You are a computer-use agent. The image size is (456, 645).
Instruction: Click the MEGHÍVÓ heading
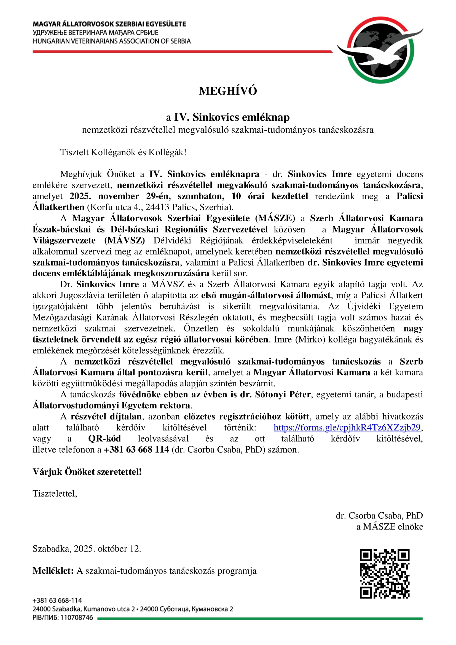click(x=228, y=91)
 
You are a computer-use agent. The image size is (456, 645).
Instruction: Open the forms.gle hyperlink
click(x=347, y=427)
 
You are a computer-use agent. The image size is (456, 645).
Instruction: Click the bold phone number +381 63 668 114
click(x=136, y=449)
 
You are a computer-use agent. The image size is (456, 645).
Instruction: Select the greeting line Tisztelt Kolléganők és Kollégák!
click(x=123, y=152)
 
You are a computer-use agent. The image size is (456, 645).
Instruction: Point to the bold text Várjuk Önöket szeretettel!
click(x=87, y=472)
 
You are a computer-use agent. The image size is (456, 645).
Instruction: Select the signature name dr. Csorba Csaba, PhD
click(x=379, y=515)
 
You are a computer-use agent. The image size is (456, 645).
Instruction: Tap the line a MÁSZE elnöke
click(x=390, y=526)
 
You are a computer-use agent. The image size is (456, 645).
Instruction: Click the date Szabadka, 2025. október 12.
click(x=87, y=549)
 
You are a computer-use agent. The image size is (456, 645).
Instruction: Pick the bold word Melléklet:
click(x=53, y=571)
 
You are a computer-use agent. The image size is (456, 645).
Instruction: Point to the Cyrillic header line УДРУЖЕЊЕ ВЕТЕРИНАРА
click(x=95, y=33)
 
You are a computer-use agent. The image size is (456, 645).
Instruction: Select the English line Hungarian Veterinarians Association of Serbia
click(x=111, y=41)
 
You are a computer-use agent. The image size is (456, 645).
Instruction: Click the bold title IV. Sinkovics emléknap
click(x=232, y=117)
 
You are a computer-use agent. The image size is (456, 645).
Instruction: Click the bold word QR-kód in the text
click(x=104, y=438)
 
